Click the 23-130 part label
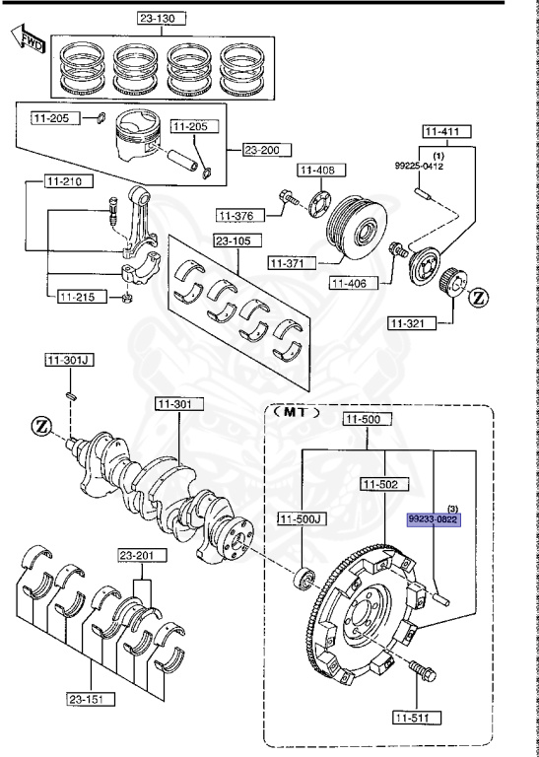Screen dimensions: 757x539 (162, 18)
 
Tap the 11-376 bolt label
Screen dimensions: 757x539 (238, 215)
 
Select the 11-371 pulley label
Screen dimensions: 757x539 (290, 263)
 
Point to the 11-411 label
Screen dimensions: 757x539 (448, 130)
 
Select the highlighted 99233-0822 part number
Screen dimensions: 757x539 (434, 518)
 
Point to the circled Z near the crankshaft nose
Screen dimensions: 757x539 (40, 427)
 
